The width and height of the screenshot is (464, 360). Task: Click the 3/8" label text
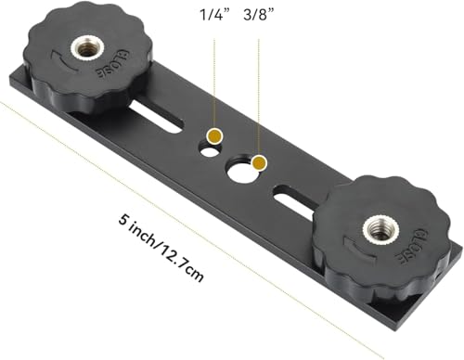[262, 19]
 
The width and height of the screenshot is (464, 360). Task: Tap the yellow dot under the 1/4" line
[215, 136]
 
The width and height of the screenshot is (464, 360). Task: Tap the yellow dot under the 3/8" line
[260, 163]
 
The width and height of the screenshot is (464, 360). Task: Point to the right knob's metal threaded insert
[378, 225]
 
